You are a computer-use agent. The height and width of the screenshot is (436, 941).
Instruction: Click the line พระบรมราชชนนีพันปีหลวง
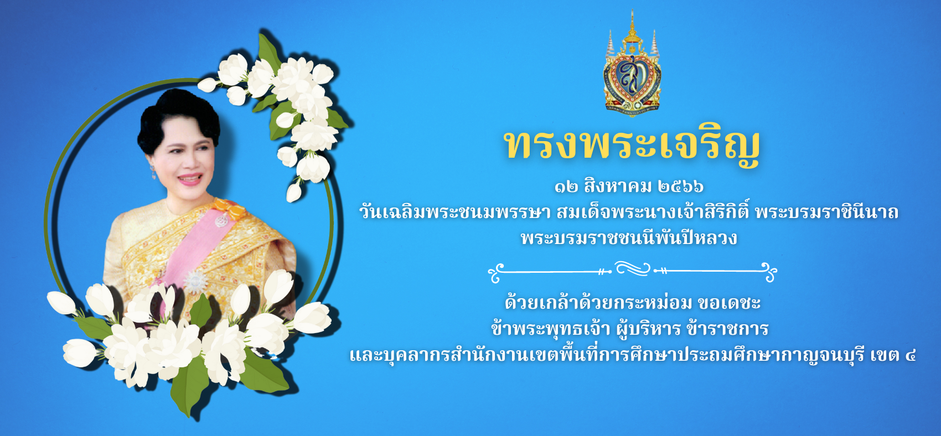point(629,238)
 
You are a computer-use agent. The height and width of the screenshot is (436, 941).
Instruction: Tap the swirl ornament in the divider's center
point(632,269)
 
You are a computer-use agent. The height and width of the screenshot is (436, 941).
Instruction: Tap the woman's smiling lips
point(190,179)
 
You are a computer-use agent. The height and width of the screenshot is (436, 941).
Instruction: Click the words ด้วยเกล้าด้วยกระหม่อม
point(598,303)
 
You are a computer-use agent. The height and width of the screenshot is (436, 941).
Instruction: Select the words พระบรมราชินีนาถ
point(827,212)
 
